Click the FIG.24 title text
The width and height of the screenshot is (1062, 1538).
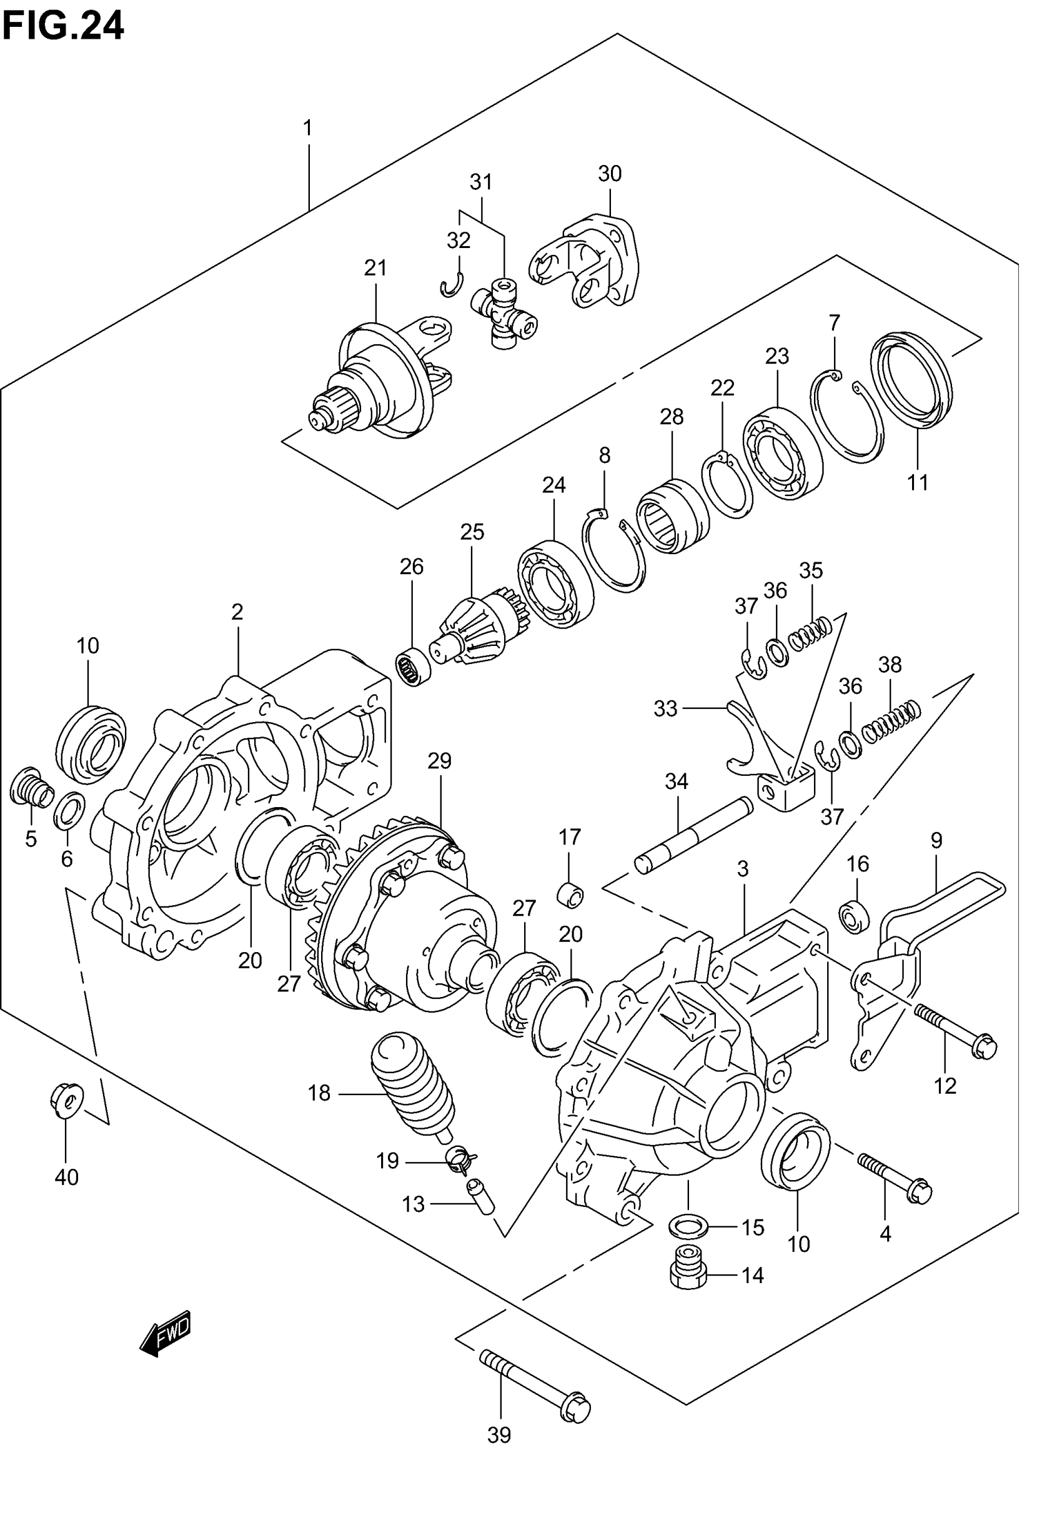63,27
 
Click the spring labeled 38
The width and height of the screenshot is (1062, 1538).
891,721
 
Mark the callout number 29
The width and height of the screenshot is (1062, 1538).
439,760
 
